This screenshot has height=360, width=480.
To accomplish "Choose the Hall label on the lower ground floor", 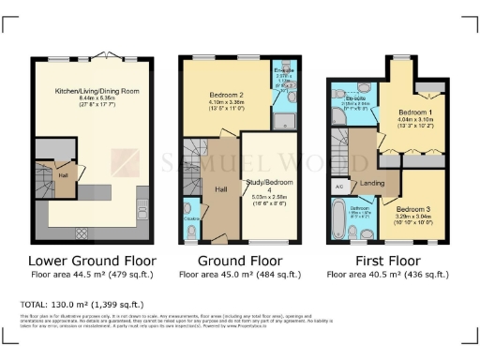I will click(x=62, y=174).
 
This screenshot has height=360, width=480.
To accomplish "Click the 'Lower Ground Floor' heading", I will click(x=92, y=260).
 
